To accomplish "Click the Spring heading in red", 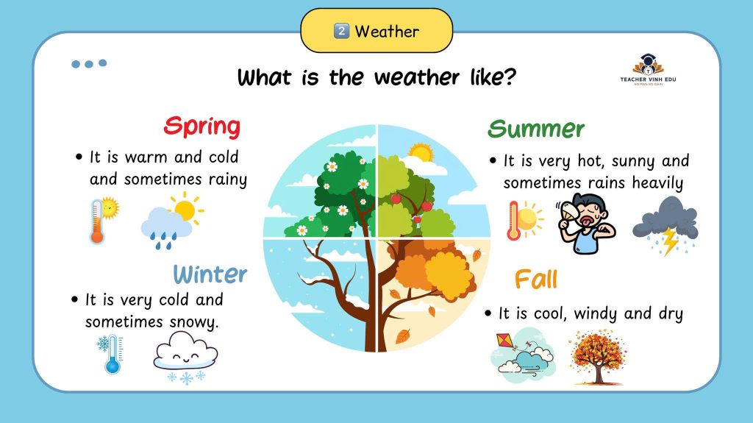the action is coord(201,127).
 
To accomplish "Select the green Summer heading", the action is coord(536,129).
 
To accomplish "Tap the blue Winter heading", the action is coord(210,274).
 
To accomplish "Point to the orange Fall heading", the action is coord(536,279).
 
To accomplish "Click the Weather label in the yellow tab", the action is coord(387,32).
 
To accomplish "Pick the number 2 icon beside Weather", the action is coord(341,31).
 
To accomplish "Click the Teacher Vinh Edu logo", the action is coord(648,69).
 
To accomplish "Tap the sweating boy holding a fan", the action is coord(586,223).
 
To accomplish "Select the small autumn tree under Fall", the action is coord(597,357).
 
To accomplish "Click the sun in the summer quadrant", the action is coord(421,153).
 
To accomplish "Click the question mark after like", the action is coord(510,77).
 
